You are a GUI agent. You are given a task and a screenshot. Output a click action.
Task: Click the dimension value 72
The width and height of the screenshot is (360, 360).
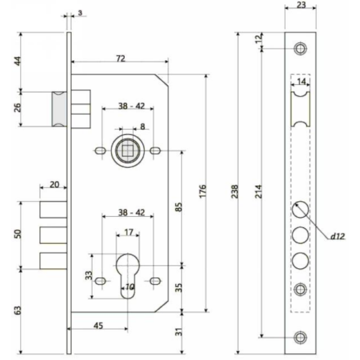click(x=120, y=58)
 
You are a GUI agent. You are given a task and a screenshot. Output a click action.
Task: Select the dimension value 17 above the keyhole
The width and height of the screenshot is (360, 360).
click(x=128, y=233)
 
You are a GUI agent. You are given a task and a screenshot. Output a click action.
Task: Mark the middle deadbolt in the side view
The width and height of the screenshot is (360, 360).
click(x=53, y=235)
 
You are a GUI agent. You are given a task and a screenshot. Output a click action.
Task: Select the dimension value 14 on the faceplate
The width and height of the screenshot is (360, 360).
click(x=301, y=81)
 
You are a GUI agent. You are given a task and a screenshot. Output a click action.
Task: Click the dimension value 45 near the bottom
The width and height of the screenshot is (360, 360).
click(x=98, y=325)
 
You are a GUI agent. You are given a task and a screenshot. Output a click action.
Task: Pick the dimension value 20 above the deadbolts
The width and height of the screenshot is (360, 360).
click(x=54, y=184)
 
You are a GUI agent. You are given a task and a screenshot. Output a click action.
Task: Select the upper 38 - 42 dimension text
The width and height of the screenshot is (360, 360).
click(x=128, y=106)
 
